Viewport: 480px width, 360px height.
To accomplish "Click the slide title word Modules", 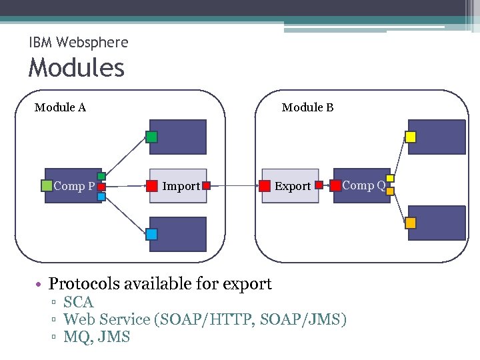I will tap(77, 67).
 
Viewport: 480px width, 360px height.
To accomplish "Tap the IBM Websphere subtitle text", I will tap(79, 43).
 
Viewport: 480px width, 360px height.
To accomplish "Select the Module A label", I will tap(60, 107).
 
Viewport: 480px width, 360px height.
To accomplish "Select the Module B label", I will tap(307, 107).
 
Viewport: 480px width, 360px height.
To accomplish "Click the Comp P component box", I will tap(73, 186).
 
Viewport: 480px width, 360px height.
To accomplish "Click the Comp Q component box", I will tap(362, 185).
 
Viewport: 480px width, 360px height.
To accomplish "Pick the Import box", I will tap(178, 186).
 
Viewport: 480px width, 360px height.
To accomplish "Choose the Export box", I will tap(290, 186).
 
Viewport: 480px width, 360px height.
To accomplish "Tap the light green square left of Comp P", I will tap(47, 186).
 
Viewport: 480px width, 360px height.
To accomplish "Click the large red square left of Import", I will tap(152, 186).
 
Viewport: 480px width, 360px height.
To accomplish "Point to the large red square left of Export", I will tap(265, 186).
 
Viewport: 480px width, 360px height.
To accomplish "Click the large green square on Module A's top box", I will tap(152, 137).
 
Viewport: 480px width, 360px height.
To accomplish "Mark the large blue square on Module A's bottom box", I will tap(152, 234).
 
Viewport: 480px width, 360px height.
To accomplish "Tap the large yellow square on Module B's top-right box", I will tap(411, 137).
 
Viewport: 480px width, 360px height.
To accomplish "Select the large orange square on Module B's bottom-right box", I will tap(411, 223).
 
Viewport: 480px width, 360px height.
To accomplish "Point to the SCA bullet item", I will tap(78, 303).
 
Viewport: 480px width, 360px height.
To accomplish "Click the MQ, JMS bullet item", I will tap(96, 337).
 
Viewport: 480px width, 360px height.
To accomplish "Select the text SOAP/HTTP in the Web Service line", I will tap(204, 320).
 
